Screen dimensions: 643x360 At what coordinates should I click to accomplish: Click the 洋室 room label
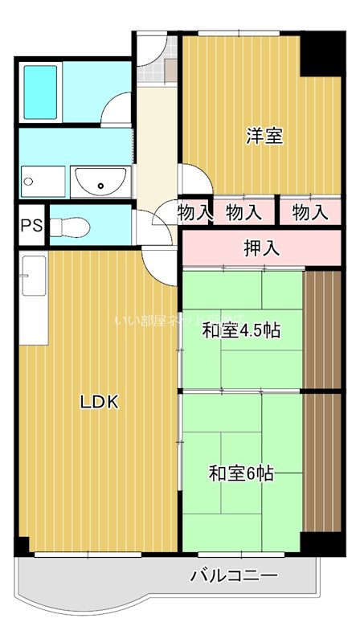264,136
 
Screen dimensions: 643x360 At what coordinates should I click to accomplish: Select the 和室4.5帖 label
240,330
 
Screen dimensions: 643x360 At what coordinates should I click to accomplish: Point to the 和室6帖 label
241,473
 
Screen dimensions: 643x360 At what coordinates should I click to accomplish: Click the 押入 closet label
261,248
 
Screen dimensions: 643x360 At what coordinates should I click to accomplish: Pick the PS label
31,226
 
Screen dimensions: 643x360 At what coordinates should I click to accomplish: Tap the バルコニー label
234,575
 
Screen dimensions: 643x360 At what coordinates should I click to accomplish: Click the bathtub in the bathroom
39,90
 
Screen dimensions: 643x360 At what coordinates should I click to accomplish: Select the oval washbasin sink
99,181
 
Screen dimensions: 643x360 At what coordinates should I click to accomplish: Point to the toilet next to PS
73,224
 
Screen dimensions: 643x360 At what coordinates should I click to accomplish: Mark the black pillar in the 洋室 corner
321,53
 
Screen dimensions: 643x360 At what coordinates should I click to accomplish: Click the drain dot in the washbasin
100,186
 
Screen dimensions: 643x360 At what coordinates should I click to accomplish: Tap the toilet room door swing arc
147,220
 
